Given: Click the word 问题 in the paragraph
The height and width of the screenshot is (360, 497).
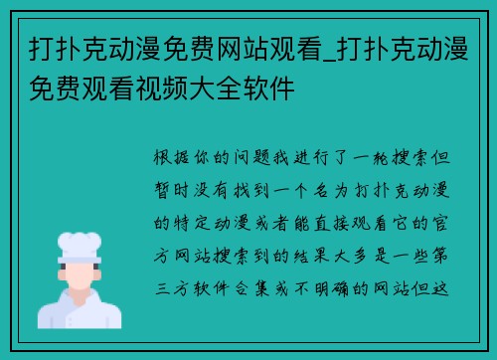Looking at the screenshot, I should click(260, 159).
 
